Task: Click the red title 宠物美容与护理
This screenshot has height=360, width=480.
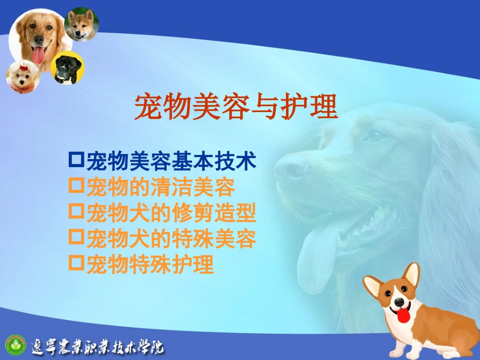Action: click(235, 107)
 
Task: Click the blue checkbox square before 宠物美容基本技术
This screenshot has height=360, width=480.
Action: click(76, 160)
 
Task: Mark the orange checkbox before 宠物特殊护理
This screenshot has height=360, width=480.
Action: click(76, 264)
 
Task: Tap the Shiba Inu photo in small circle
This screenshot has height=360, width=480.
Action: click(81, 24)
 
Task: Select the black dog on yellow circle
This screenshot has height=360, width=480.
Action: click(67, 68)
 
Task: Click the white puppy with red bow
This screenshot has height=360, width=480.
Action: click(23, 77)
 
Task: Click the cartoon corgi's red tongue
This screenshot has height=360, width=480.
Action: click(403, 316)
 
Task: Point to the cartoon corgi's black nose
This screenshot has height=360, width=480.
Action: click(400, 302)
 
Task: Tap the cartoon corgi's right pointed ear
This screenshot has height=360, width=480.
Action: click(412, 274)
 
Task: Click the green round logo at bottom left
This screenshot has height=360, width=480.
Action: click(15, 345)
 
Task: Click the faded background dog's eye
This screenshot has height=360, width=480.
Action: click(376, 135)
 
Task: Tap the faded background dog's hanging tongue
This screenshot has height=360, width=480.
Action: click(316, 258)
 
